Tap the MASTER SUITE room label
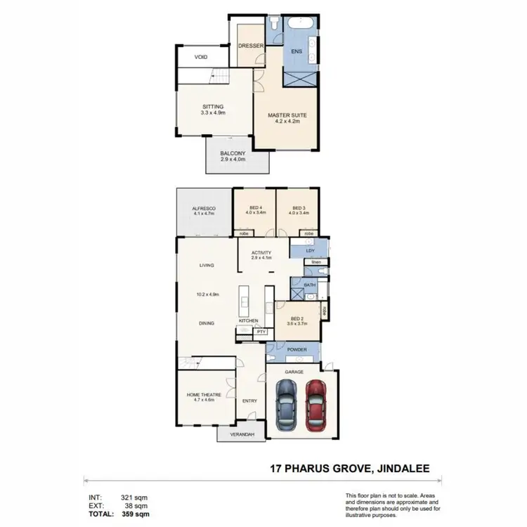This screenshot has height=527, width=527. [287, 115]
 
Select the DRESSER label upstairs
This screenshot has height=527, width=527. [250, 46]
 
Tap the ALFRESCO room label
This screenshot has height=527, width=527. [202, 209]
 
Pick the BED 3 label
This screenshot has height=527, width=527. [298, 208]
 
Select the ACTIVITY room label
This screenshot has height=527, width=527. [261, 254]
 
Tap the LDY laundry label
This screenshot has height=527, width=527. [311, 250]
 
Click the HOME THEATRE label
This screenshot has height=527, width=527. [200, 395]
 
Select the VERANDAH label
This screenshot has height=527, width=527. [241, 434]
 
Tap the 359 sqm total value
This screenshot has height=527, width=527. [134, 514]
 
